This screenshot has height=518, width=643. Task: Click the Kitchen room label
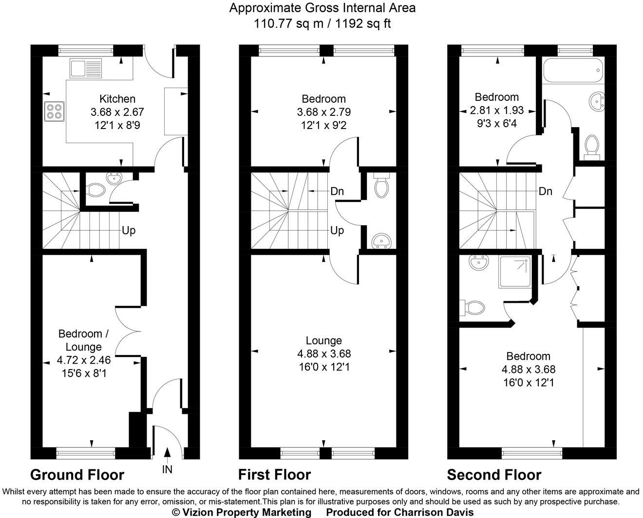coord(117,99)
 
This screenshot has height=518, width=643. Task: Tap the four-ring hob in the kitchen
coord(54,111)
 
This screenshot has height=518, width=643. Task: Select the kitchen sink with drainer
coord(86,69)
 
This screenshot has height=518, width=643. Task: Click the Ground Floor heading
coord(77,475)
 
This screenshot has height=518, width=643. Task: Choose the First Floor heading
coord(274,475)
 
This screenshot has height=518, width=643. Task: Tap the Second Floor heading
coord(494,475)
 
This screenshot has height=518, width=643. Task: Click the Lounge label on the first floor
coord(324,341)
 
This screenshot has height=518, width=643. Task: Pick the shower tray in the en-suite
coord(514,272)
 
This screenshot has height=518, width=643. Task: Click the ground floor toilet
coord(96,190)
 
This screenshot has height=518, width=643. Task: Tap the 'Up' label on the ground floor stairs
coord(129,231)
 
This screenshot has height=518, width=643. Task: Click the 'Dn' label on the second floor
coord(545,191)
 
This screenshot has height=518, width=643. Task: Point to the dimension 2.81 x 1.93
coord(496,111)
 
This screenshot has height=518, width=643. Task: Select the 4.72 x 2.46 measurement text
coord(84,360)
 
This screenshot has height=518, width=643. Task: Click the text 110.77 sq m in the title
coord(289,23)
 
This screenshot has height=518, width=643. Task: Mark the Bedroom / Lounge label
coord(83,340)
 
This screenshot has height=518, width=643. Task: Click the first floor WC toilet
coord(381,185)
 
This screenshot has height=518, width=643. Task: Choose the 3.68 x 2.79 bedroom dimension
coord(324,112)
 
